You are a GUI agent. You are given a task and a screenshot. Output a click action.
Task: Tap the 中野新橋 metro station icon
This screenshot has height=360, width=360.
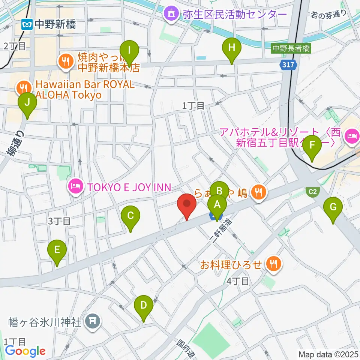[x=27, y=25]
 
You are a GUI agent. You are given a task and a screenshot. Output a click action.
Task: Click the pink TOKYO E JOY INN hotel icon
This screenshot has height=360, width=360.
[x=75, y=186]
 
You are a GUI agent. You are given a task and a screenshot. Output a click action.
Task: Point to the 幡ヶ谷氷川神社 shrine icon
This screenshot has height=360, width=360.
[x=92, y=321]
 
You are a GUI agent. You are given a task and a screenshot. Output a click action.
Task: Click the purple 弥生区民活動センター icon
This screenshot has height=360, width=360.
[x=172, y=14]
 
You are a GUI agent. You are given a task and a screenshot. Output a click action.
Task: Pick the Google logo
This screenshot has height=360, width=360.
[x=25, y=351]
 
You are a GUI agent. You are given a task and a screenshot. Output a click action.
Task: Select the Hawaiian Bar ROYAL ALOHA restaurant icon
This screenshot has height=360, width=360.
[x=23, y=88]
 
